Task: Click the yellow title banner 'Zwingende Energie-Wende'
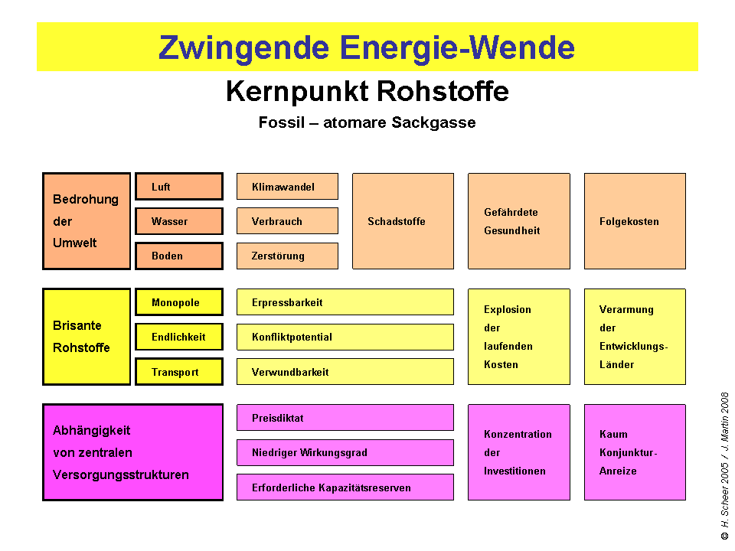click(367, 47)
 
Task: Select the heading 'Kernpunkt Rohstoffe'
click(367, 92)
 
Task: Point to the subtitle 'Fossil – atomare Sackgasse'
click(367, 122)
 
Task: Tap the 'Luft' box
click(179, 187)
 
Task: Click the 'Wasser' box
click(179, 221)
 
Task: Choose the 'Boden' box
click(179, 256)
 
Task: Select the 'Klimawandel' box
click(287, 187)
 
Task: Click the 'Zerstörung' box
click(287, 256)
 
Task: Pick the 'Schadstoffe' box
click(403, 221)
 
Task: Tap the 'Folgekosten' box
click(635, 221)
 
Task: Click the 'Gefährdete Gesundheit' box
click(519, 221)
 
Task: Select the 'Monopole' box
click(179, 302)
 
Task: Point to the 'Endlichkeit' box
click(179, 337)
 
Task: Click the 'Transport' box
click(179, 372)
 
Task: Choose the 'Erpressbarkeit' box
click(345, 302)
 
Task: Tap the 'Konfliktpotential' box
click(345, 337)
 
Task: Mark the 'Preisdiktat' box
click(345, 418)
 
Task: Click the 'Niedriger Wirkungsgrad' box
click(345, 452)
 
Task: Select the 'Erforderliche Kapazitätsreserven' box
click(345, 487)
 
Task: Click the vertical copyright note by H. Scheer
click(724, 467)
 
